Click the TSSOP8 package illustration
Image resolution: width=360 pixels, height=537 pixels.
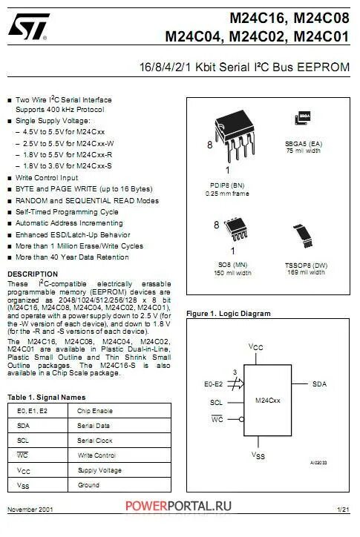[x=304, y=238]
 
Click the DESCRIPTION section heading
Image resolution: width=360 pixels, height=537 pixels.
[x=32, y=274]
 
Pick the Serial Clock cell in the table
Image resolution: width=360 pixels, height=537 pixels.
[x=94, y=440]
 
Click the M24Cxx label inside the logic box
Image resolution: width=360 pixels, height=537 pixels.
[x=267, y=398]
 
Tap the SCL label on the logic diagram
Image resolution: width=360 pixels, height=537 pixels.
[x=216, y=403]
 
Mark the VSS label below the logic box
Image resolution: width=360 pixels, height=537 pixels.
[x=256, y=454]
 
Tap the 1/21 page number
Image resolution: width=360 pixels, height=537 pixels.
[x=342, y=510]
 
